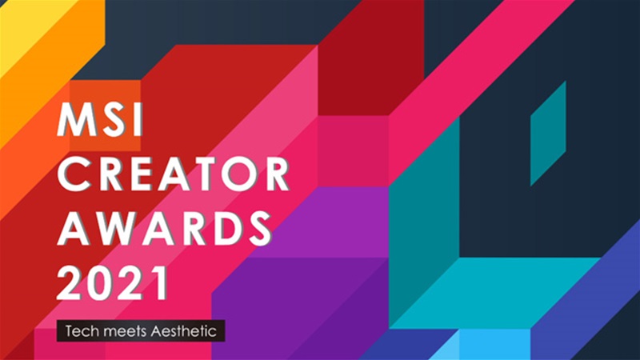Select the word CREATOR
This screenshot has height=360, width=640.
pos(173,174)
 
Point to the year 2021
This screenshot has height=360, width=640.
pos(112,282)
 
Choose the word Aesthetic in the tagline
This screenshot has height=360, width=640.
pos(183,330)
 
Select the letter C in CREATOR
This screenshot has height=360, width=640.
pos(73,174)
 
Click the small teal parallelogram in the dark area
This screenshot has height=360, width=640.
pos(548,134)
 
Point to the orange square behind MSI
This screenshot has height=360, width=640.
pos(105,115)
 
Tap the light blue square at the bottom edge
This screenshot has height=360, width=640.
pos(494,344)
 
